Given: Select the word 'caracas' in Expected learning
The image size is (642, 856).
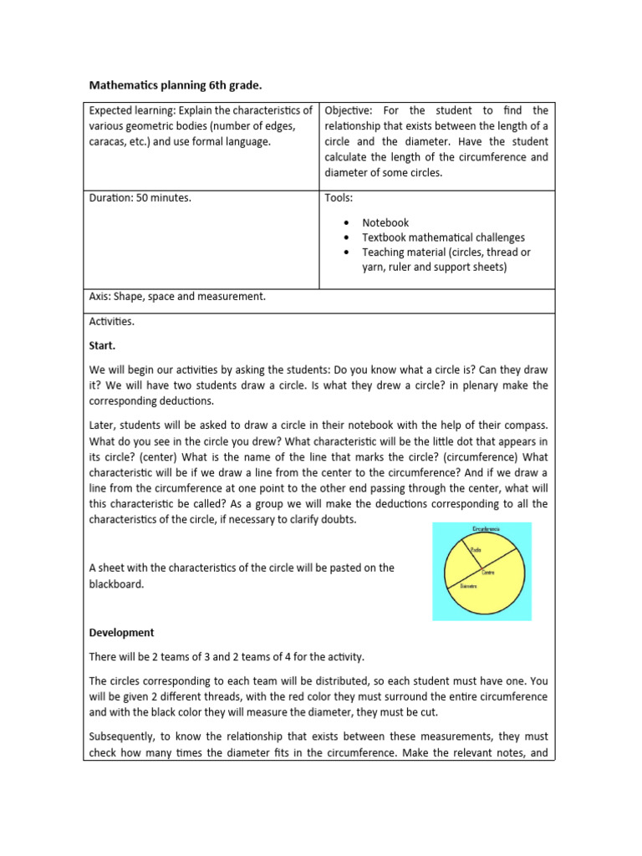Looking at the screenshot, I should click(110, 142).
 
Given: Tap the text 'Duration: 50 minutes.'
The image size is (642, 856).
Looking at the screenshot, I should click(140, 199).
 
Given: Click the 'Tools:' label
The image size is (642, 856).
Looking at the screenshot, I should click(339, 199).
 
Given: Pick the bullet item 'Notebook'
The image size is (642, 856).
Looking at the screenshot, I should click(385, 223).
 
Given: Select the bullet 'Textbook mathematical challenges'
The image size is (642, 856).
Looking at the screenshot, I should click(443, 237).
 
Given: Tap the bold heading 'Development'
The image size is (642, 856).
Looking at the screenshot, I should click(121, 633).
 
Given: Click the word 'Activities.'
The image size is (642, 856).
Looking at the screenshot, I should click(111, 321).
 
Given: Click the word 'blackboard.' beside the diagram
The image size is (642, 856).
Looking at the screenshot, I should click(116, 584).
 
